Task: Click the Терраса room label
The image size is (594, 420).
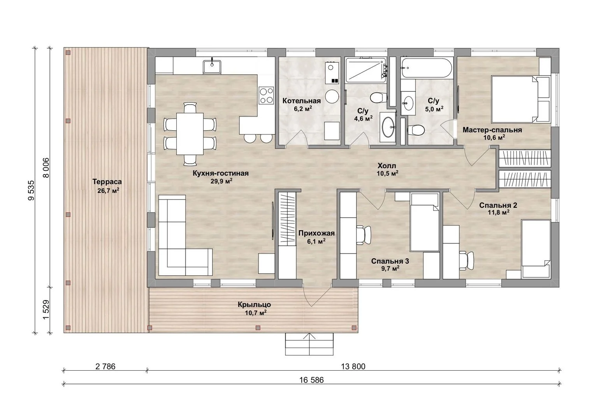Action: [x=107, y=182]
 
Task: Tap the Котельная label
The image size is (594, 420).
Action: [x=302, y=101]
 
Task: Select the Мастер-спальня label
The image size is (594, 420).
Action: [x=492, y=130]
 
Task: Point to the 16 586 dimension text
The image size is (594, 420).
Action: [x=311, y=380]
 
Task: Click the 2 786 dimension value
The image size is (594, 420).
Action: [x=105, y=366]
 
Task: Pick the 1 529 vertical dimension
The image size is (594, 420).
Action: [x=46, y=310]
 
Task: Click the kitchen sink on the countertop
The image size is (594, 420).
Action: [x=212, y=67]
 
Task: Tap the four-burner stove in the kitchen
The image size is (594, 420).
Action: [x=267, y=95]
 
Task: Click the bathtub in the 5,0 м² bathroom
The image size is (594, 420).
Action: [x=426, y=68]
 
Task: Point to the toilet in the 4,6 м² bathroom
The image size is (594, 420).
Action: [x=378, y=98]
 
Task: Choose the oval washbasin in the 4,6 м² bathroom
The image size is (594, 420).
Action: [x=388, y=127]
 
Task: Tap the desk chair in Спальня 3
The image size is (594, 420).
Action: [x=364, y=235]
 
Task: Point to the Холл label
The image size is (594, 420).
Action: [x=387, y=166]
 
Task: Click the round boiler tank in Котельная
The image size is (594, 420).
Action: [x=332, y=96]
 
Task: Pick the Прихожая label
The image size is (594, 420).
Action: [x=316, y=233]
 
